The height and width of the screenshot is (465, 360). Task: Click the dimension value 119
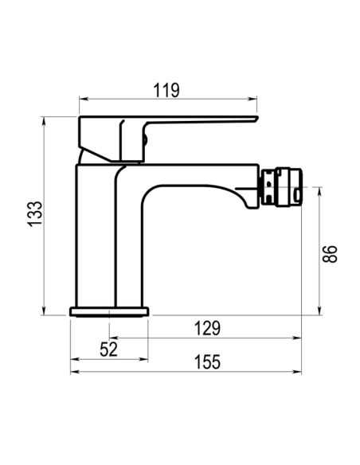pyautogui.click(x=166, y=90)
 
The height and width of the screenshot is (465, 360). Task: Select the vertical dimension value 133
pyautogui.click(x=35, y=214)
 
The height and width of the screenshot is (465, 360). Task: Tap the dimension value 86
pyautogui.click(x=330, y=254)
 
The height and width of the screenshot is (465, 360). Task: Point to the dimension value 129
pyautogui.click(x=207, y=328)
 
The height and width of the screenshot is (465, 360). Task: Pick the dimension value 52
pyautogui.click(x=109, y=349)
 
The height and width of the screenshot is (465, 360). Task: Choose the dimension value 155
pyautogui.click(x=207, y=362)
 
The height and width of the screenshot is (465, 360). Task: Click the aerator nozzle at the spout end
pyautogui.click(x=281, y=187)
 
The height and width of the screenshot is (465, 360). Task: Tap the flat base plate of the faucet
pyautogui.click(x=109, y=312)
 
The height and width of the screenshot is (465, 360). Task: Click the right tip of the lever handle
pyautogui.click(x=257, y=119)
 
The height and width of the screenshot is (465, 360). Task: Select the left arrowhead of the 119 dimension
pyautogui.click(x=84, y=99)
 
